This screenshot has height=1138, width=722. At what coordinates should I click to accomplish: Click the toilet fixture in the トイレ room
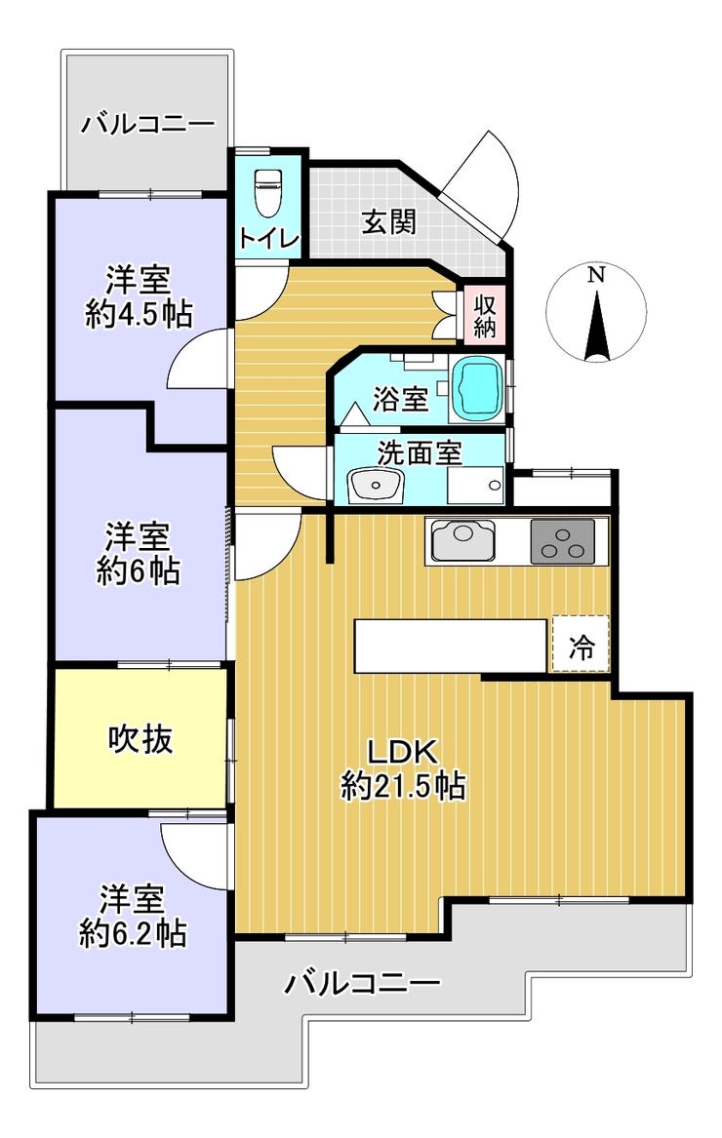pyautogui.click(x=267, y=192)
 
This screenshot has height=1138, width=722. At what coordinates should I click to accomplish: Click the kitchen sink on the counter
pyautogui.click(x=462, y=540)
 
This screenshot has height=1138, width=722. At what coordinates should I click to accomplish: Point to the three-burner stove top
pyautogui.click(x=562, y=541)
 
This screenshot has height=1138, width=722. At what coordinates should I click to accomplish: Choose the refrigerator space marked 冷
pyautogui.click(x=581, y=644)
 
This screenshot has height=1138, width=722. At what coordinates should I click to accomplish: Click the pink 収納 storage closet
pyautogui.click(x=484, y=315)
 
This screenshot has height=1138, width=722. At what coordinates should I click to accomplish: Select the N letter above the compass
pyautogui.click(x=596, y=275)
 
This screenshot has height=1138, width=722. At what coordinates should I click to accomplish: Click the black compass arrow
pyautogui.click(x=596, y=327)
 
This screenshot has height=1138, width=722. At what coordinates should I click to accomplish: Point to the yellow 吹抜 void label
pyautogui.click(x=140, y=739)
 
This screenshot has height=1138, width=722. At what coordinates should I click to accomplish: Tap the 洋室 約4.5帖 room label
pyautogui.click(x=139, y=296)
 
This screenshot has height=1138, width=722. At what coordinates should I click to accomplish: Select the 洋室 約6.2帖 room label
pyautogui.click(x=132, y=916)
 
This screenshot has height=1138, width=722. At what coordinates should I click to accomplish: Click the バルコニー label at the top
pyautogui.click(x=148, y=124)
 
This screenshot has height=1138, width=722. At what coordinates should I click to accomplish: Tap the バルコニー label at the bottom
pyautogui.click(x=362, y=983)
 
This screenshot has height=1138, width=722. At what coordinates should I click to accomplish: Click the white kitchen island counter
pyautogui.click(x=451, y=646)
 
